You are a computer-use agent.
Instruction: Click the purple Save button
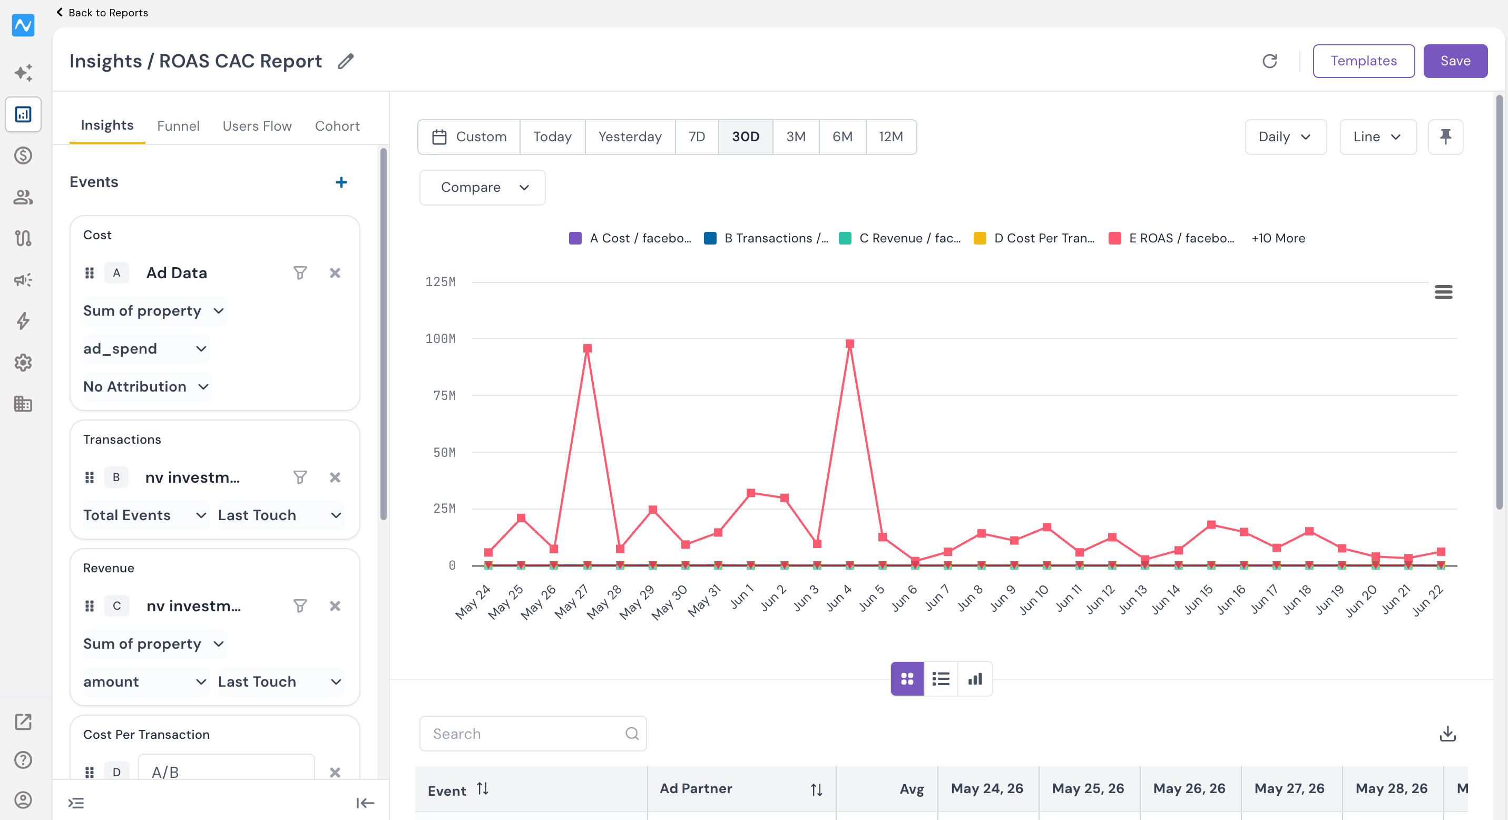(1455, 61)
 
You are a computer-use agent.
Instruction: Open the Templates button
(1364, 61)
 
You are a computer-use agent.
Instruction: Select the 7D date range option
(697, 137)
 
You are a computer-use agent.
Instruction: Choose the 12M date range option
(890, 137)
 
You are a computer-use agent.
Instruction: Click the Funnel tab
(178, 126)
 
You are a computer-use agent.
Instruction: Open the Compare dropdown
(482, 187)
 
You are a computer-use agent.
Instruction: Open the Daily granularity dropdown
(1286, 137)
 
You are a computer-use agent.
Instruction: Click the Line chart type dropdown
(1378, 137)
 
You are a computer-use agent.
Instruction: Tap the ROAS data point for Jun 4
(849, 344)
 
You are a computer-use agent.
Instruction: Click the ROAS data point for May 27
(587, 348)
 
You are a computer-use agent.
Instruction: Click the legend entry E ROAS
(1171, 238)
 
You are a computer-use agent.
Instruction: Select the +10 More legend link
(1278, 238)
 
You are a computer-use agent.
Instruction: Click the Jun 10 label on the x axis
(1035, 600)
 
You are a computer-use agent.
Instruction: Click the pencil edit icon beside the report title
(346, 61)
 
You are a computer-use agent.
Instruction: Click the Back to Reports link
(102, 12)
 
